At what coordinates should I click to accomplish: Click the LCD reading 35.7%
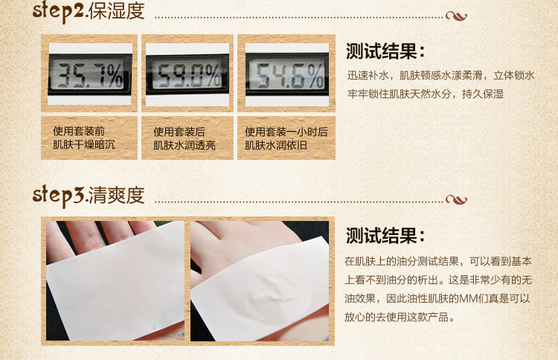[90, 74]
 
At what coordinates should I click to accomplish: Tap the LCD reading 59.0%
[188, 74]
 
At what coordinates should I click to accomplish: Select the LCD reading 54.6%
[287, 75]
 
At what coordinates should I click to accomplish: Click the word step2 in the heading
[58, 11]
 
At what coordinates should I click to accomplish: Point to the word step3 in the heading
[58, 196]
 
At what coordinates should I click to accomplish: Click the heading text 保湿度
[116, 11]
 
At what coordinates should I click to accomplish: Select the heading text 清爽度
[116, 196]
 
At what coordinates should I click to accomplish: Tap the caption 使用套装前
[79, 131]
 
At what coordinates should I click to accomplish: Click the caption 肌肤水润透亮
[185, 146]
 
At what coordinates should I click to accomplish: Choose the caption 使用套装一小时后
[286, 132]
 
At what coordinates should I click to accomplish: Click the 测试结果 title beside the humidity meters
[385, 51]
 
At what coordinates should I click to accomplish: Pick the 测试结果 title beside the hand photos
[385, 236]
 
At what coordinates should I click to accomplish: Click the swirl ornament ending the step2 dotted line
[456, 16]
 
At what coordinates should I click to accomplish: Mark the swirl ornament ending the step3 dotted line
[456, 200]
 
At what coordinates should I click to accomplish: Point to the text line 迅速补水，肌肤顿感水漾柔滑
[415, 75]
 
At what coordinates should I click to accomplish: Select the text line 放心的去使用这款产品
[400, 317]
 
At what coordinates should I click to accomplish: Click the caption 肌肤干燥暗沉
[84, 145]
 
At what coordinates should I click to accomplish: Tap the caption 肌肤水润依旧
[276, 146]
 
